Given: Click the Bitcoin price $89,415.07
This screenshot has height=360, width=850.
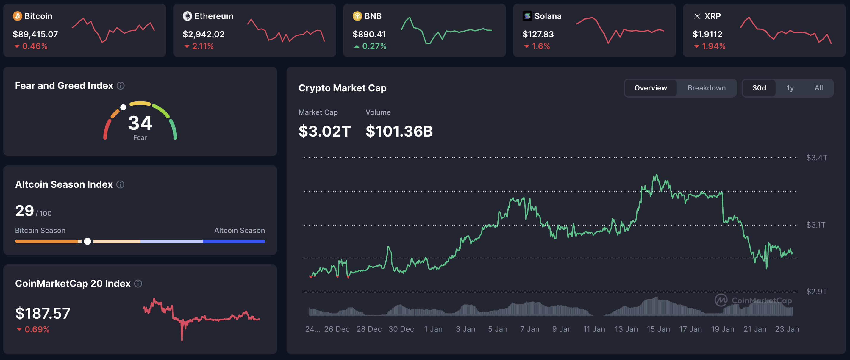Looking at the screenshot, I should pyautogui.click(x=35, y=34).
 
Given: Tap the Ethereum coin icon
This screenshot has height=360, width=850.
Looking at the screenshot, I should pyautogui.click(x=187, y=16).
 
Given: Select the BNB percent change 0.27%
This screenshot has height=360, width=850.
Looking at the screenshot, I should pyautogui.click(x=374, y=46).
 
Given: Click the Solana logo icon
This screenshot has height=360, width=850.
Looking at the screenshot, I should pyautogui.click(x=527, y=16).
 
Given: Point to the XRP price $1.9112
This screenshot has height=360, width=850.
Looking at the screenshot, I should pyautogui.click(x=707, y=34).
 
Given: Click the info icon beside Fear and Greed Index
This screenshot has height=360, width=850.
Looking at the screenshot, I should pyautogui.click(x=121, y=86).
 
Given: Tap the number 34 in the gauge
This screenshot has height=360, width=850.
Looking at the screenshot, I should pyautogui.click(x=140, y=123).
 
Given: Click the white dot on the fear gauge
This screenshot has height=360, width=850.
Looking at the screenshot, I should pyautogui.click(x=123, y=107).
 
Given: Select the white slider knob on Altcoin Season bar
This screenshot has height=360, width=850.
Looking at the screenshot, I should pyautogui.click(x=87, y=241).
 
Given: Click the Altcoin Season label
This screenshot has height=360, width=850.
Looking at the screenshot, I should pyautogui.click(x=239, y=230).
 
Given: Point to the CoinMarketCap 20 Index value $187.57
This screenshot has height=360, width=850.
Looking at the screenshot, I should pyautogui.click(x=43, y=313).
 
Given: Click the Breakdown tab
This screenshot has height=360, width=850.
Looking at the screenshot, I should pyautogui.click(x=706, y=88).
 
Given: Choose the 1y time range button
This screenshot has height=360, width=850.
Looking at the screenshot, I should pyautogui.click(x=790, y=88).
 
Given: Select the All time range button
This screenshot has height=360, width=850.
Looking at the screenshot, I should pyautogui.click(x=818, y=88).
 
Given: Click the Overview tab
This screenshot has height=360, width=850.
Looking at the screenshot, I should pyautogui.click(x=650, y=88).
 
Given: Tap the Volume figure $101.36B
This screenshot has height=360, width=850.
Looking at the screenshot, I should pyautogui.click(x=399, y=131).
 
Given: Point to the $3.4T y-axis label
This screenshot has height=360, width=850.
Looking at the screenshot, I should pyautogui.click(x=816, y=158).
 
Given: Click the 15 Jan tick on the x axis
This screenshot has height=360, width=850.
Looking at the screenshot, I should pyautogui.click(x=658, y=329).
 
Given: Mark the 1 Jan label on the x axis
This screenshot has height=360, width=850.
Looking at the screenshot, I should pyautogui.click(x=433, y=329).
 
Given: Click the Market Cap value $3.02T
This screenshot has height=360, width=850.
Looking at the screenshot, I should pyautogui.click(x=324, y=131).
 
